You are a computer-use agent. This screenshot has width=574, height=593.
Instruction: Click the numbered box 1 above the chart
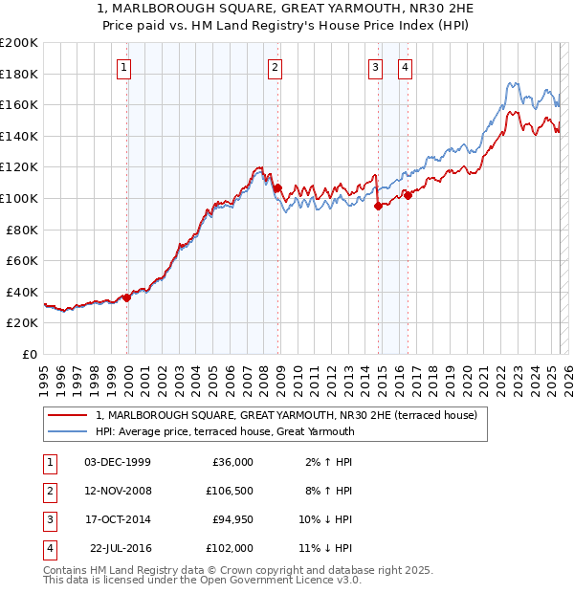pos(125,67)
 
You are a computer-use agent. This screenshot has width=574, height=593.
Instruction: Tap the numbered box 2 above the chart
pos(275,67)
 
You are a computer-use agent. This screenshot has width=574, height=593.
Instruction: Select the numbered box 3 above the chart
pos(375,67)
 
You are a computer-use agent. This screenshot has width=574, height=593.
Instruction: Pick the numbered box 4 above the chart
pos(406,67)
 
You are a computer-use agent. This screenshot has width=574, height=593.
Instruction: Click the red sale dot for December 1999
pos(127,297)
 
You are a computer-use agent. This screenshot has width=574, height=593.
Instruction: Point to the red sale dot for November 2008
pos(278,188)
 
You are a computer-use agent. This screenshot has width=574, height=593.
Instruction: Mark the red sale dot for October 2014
pos(378,206)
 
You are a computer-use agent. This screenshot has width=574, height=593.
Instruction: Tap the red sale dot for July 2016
pos(408,195)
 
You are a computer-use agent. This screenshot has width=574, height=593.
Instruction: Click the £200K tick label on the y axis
pos(19,43)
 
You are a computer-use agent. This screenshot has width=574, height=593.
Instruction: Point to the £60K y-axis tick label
pos(22,260)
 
